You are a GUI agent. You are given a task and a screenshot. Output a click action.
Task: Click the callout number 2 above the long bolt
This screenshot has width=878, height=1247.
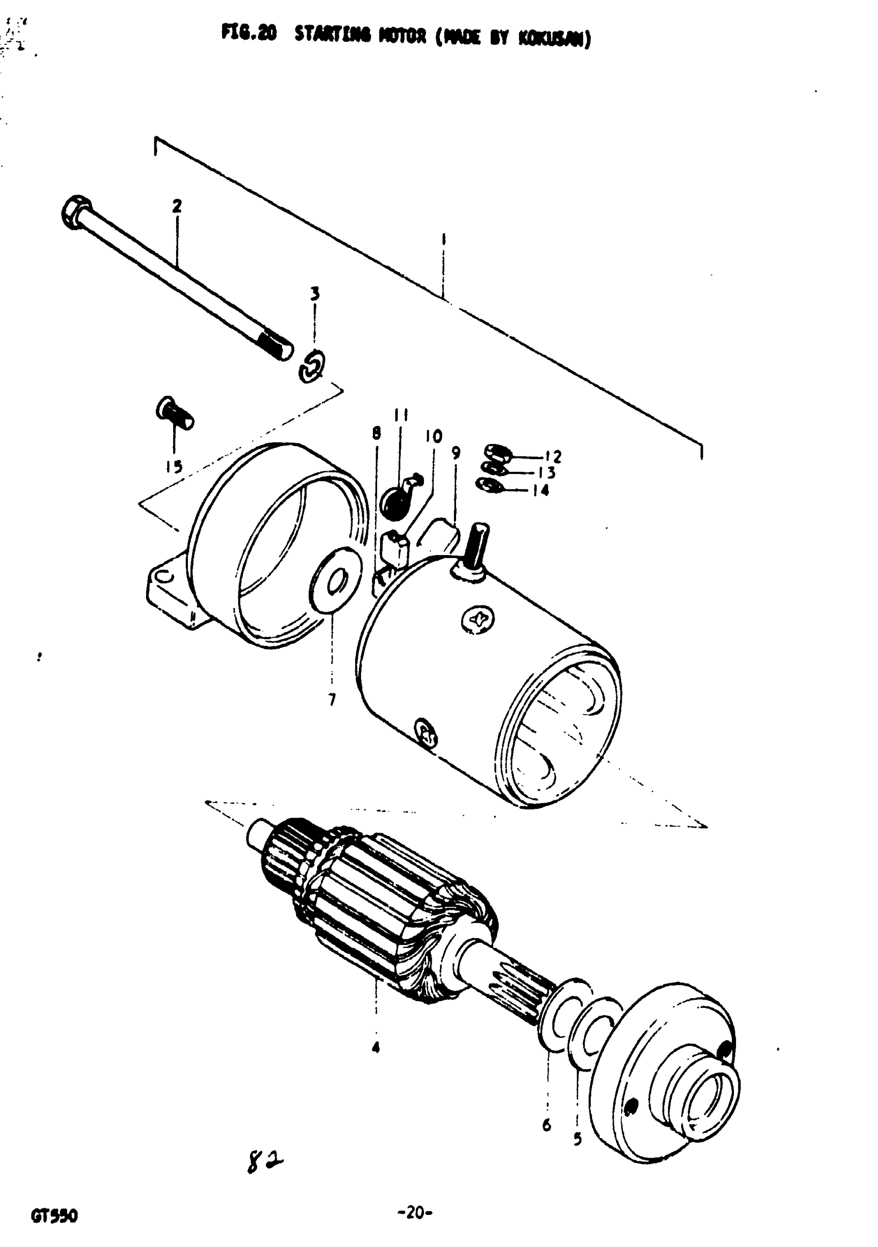[177, 207]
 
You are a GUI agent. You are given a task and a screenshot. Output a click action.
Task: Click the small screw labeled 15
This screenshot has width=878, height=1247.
[174, 414]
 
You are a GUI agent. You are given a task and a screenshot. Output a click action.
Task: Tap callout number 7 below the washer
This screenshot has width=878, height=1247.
[332, 700]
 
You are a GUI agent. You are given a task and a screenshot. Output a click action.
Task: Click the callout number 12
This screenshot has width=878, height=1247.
[553, 456]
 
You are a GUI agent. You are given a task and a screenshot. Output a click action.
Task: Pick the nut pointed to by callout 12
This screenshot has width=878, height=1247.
[497, 451]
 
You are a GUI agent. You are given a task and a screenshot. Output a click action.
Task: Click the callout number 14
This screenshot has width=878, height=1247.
[541, 491]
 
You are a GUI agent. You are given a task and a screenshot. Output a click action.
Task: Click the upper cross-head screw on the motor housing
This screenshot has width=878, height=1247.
[478, 619]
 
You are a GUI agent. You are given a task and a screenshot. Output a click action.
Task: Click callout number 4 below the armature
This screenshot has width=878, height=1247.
[375, 1047]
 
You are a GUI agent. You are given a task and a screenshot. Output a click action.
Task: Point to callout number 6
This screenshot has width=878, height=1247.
[546, 1125]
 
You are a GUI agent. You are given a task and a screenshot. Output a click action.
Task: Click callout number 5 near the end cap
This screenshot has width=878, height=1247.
[577, 1139]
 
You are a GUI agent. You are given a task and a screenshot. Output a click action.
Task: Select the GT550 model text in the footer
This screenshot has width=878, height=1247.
[54, 1216]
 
